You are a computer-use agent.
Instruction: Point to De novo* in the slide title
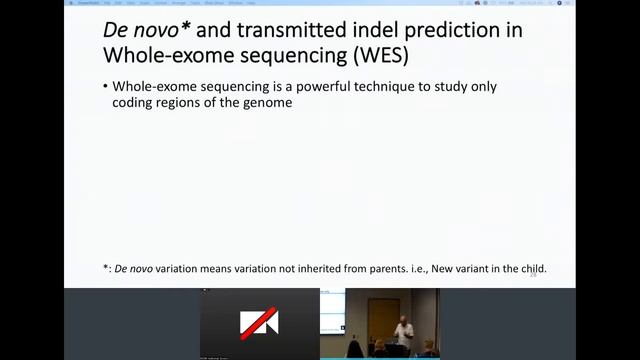pyautogui.click(x=146, y=30)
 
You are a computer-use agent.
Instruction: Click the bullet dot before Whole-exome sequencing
pyautogui.click(x=105, y=87)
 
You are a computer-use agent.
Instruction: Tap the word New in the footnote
pyautogui.click(x=439, y=269)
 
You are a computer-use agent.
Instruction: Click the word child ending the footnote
pyautogui.click(x=532, y=269)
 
